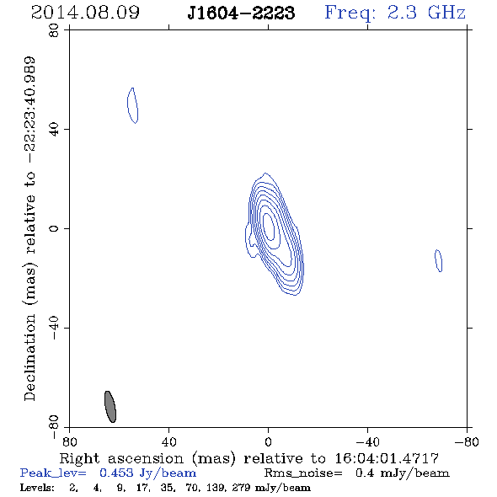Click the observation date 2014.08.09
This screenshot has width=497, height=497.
pos(85,13)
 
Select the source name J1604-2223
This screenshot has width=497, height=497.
pos(241,13)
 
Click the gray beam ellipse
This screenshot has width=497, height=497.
pos(110,407)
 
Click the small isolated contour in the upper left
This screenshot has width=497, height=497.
pos(132,105)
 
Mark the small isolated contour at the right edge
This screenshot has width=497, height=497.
pos(438,260)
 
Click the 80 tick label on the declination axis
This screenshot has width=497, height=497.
pos(54,30)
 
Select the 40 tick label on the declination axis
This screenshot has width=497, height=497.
pos(54,130)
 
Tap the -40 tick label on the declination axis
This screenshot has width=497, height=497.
pos(54,328)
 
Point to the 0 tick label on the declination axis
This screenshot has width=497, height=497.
pos(54,228)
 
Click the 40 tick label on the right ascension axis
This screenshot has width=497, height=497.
pos(168,442)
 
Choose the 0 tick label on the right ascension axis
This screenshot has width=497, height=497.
pos(268,442)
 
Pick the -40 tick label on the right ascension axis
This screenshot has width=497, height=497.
pos(367,442)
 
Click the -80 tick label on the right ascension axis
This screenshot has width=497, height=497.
pos(467,442)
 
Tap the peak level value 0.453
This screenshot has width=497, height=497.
pos(116,473)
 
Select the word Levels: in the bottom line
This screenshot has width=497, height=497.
pos(37,488)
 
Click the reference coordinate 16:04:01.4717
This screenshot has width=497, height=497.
pos(387,458)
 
